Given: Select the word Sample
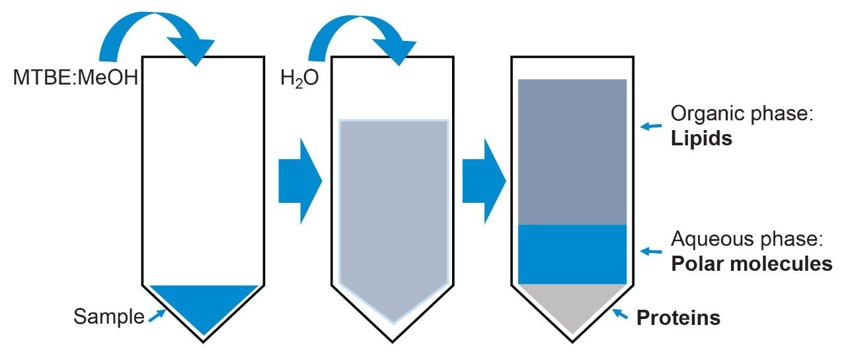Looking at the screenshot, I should pos(108,317).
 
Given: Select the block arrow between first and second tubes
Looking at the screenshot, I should pos(299,180).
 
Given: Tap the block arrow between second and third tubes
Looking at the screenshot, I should pos(483,180).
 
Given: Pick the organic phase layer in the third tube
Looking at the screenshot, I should pos(572,152).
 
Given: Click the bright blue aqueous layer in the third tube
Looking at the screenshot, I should pos(572,254).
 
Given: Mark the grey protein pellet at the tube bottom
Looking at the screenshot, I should pos(572,304).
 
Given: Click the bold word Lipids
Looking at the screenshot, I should pos(701,140).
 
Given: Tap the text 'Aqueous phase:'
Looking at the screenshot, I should pos(744,238).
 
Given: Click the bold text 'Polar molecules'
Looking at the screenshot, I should pos(751,264).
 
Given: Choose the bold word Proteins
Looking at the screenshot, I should pos(678,318).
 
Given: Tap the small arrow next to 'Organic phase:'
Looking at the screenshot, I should pos(652,126).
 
